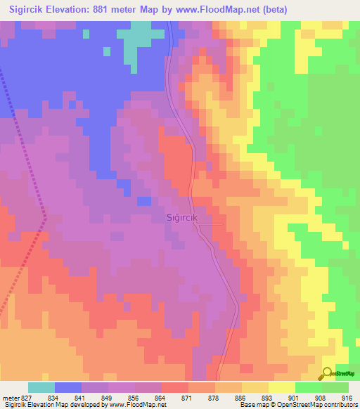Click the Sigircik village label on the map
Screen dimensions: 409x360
coord(184,218)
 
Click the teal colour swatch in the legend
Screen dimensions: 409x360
coord(41,387)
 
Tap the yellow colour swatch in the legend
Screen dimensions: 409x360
coord(281,387)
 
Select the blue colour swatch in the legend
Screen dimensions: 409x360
coord(68,387)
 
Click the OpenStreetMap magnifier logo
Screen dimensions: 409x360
coord(328,373)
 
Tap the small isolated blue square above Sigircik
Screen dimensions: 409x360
coord(143,201)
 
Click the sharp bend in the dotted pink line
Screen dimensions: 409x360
coord(45,219)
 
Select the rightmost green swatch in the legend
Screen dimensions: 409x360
coord(335,387)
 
